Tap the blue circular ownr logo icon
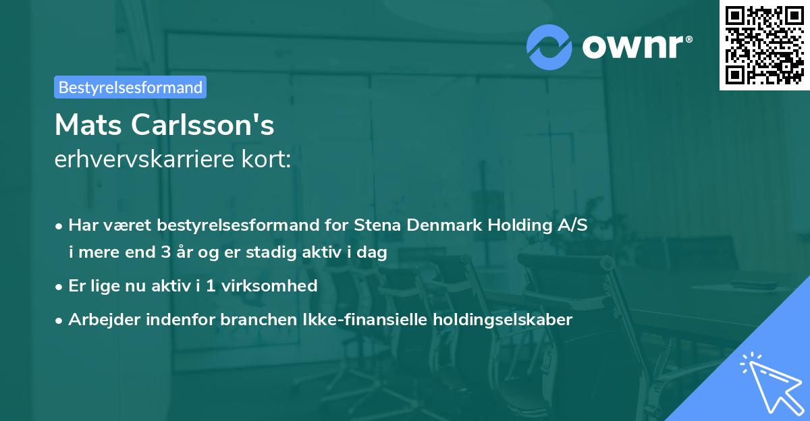[x=549, y=47]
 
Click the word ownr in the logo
[x=632, y=47]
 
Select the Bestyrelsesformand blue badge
[x=130, y=87]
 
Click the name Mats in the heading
[x=88, y=125]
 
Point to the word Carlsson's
[x=202, y=125]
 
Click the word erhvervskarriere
[x=144, y=159]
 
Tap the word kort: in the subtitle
[x=266, y=159]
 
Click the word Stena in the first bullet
[x=377, y=225]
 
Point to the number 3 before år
[x=166, y=252]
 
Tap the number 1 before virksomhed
[x=211, y=285]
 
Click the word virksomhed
[x=269, y=285]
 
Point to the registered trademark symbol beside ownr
[x=688, y=39]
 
